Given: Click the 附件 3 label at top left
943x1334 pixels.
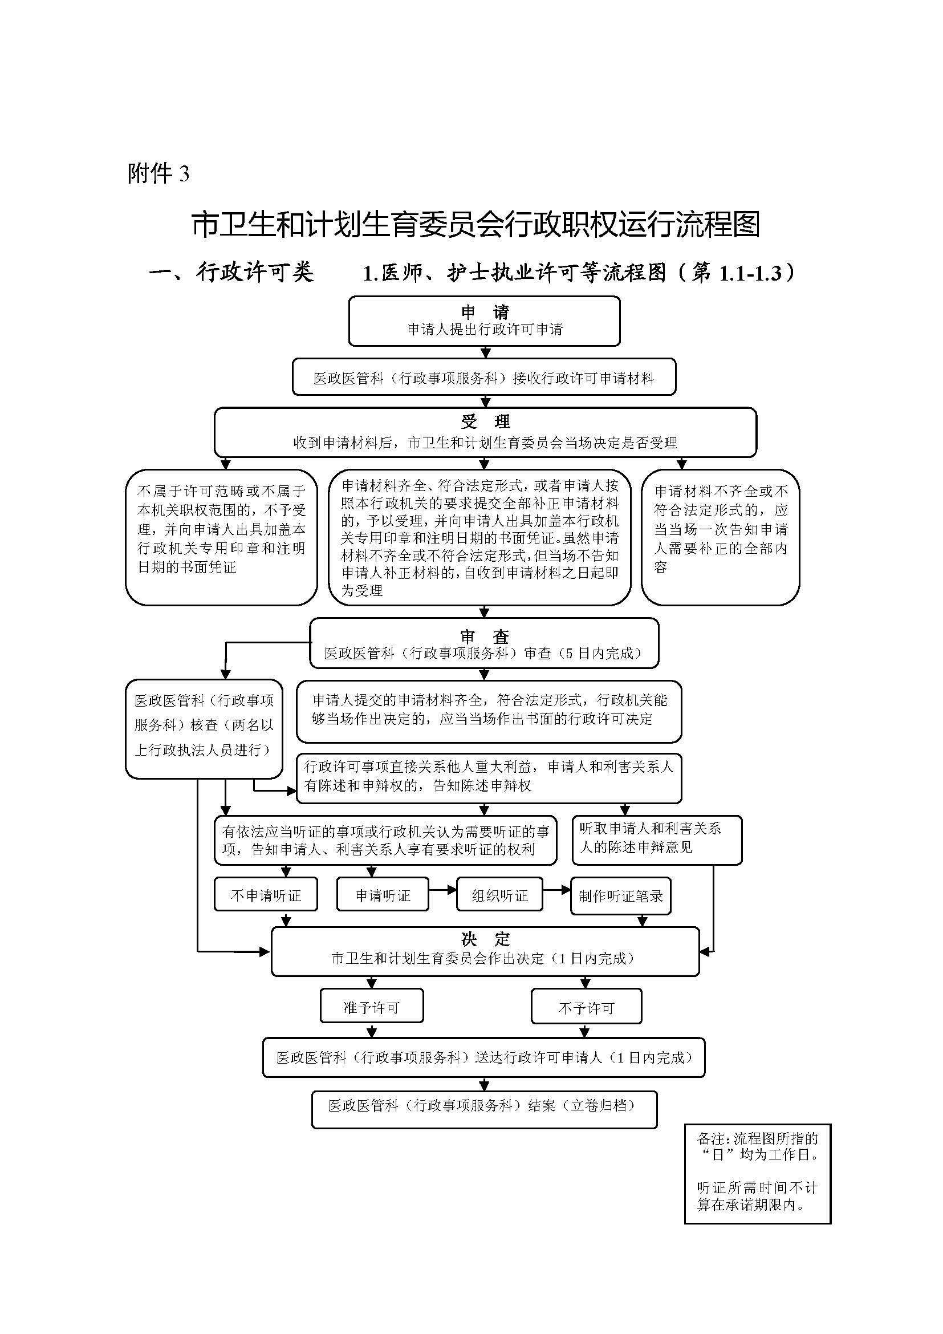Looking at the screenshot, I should (x=158, y=173).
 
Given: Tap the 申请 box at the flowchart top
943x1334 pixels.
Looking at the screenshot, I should (x=484, y=321).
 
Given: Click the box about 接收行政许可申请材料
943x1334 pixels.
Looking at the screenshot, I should (x=483, y=378).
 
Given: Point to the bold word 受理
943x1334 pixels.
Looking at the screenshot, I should (x=485, y=421).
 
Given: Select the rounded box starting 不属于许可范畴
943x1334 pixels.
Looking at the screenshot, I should (x=221, y=536).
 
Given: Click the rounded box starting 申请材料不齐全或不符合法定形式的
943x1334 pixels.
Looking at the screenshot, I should (x=720, y=536).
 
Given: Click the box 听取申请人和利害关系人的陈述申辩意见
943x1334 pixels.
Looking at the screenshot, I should (x=656, y=840).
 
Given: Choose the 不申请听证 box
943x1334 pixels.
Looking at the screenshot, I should (x=266, y=895).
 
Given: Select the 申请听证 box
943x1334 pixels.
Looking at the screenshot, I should (x=383, y=895).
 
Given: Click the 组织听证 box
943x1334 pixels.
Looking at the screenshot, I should (x=499, y=895).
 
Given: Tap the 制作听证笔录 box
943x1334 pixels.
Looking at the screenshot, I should (x=621, y=896).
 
